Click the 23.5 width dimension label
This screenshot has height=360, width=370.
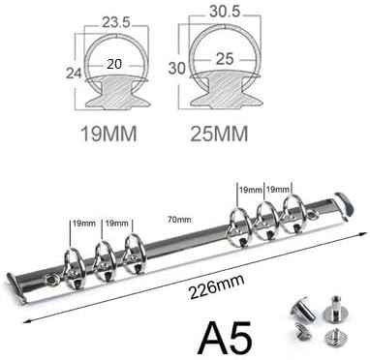[116, 22]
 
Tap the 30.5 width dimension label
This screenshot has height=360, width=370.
[225, 12]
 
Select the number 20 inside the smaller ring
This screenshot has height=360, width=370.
[114, 64]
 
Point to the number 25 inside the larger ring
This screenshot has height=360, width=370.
[225, 59]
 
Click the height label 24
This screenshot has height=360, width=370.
[74, 73]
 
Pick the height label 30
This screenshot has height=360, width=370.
[177, 68]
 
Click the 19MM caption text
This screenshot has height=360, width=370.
[108, 134]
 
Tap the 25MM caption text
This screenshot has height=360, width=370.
[219, 134]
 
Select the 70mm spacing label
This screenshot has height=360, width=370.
[179, 220]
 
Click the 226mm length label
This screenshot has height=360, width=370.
[217, 285]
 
